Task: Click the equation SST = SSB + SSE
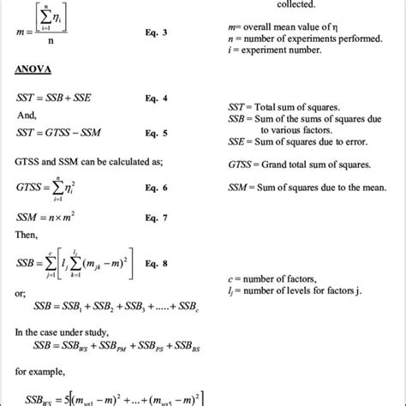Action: click(x=53, y=99)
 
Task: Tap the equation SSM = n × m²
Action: click(x=43, y=219)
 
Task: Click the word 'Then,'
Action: click(x=27, y=236)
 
